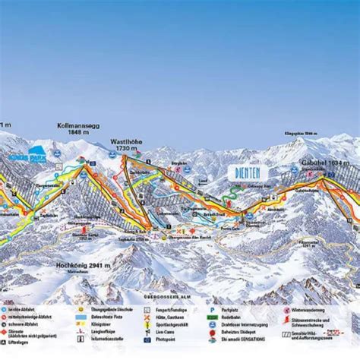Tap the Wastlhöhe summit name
point(127,141)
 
